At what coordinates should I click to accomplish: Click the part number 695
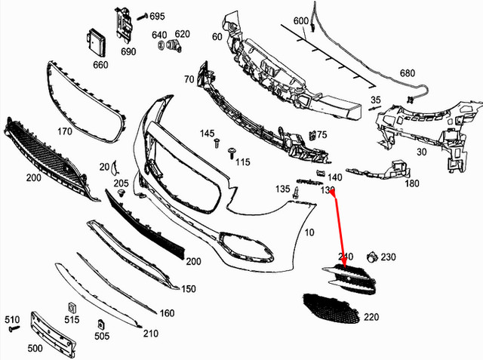click(x=157, y=16)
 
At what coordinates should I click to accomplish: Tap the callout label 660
click(x=100, y=64)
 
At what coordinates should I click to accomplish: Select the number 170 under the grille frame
click(x=64, y=131)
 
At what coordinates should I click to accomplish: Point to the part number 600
click(x=301, y=20)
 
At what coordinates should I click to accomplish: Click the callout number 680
click(x=408, y=73)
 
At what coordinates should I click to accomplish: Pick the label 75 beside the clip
click(x=322, y=134)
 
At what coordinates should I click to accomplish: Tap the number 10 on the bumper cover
click(x=309, y=232)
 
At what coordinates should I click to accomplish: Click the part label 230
click(x=388, y=257)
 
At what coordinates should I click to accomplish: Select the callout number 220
click(x=371, y=317)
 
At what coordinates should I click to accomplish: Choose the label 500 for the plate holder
click(x=35, y=349)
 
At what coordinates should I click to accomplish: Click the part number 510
click(x=13, y=318)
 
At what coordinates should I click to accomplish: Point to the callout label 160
click(x=168, y=313)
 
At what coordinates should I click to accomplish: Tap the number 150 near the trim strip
click(x=189, y=289)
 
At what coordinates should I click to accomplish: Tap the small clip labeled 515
click(x=72, y=307)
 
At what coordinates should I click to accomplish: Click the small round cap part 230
click(x=371, y=257)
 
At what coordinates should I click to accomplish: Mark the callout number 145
click(x=208, y=134)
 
